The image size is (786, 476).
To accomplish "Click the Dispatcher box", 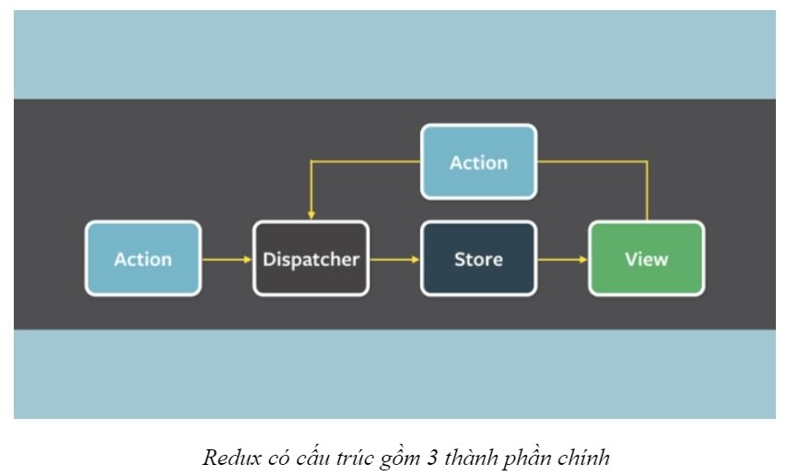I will pos(311,259).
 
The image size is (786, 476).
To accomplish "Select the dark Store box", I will pos(478,259).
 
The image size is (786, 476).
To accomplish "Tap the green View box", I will pos(646,259).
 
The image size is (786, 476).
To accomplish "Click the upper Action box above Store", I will pos(478,162).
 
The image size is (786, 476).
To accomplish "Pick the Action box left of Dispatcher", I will pos(143,259).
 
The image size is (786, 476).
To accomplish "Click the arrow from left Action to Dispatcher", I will pos(227,260).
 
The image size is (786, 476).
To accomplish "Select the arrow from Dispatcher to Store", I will pos(394,260).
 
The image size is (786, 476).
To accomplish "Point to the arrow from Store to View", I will pos(562,260).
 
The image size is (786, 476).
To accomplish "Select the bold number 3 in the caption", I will pos(432,456).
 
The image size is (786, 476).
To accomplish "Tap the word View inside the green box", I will pos(646,259).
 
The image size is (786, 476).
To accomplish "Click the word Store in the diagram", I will pos(478,259).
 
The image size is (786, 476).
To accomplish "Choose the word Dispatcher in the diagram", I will pos(311,259).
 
